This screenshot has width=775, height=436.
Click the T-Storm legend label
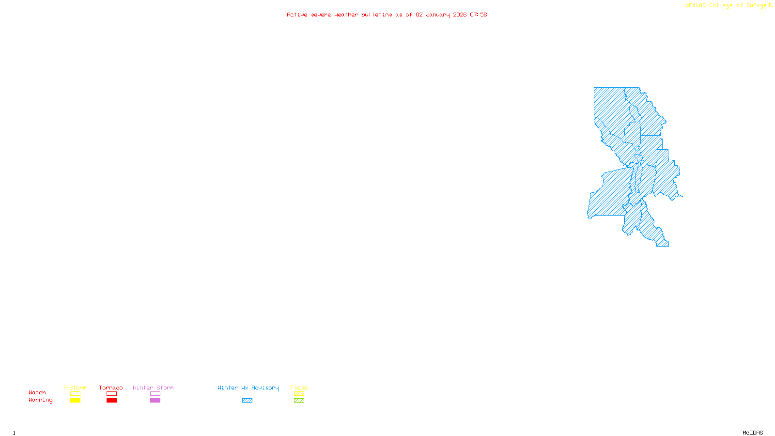pyautogui.click(x=75, y=388)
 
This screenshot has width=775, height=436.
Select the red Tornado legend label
pyautogui.click(x=111, y=388)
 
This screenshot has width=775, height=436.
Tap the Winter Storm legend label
pyautogui.click(x=153, y=388)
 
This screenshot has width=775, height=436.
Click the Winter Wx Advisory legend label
pyautogui.click(x=248, y=388)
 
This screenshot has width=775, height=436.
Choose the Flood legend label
pyautogui.click(x=299, y=388)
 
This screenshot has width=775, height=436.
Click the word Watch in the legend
pyautogui.click(x=37, y=392)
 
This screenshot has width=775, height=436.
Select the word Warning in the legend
pyautogui.click(x=40, y=400)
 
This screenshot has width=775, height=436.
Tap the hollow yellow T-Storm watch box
pyautogui.click(x=75, y=394)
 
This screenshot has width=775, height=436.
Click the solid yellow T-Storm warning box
pyautogui.click(x=75, y=401)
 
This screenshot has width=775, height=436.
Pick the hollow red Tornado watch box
pyautogui.click(x=111, y=394)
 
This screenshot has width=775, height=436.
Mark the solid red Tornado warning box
pyautogui.click(x=111, y=401)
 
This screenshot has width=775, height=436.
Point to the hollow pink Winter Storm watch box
pyautogui.click(x=155, y=394)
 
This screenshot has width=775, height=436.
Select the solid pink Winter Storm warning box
pyautogui.click(x=155, y=401)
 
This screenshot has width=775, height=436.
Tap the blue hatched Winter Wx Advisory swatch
pyautogui.click(x=247, y=401)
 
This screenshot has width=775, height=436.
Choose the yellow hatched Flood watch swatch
pyautogui.click(x=299, y=394)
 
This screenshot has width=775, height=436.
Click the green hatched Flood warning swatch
pyautogui.click(x=299, y=401)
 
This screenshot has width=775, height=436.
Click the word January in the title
pyautogui.click(x=438, y=15)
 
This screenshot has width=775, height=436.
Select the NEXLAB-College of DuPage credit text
pyautogui.click(x=726, y=6)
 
